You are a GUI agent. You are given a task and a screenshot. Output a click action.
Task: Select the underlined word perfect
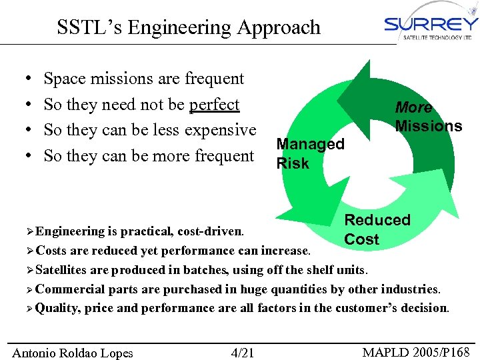[214, 105]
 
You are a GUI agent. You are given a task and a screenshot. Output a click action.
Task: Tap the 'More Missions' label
[427, 117]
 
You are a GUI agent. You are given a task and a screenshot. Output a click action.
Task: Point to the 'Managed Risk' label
[310, 153]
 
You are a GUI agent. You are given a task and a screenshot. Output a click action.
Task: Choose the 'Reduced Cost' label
[377, 229]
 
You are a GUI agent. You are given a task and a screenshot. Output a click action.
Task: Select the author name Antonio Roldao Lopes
[73, 353]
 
